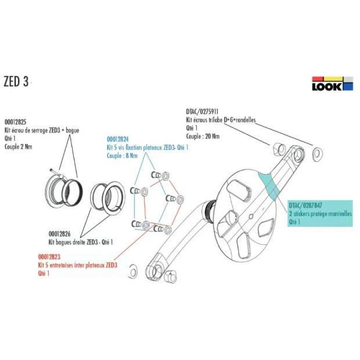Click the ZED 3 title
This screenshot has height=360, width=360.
[16, 81]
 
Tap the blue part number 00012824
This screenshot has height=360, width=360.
[118, 139]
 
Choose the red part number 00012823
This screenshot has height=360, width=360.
[50, 257]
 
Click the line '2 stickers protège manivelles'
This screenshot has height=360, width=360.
[320, 213]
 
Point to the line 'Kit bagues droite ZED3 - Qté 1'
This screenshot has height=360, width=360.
[80, 242]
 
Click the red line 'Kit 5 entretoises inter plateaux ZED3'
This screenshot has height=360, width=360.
[78, 265]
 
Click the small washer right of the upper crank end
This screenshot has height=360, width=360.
[317, 154]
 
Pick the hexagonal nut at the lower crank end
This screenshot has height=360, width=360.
[171, 278]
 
